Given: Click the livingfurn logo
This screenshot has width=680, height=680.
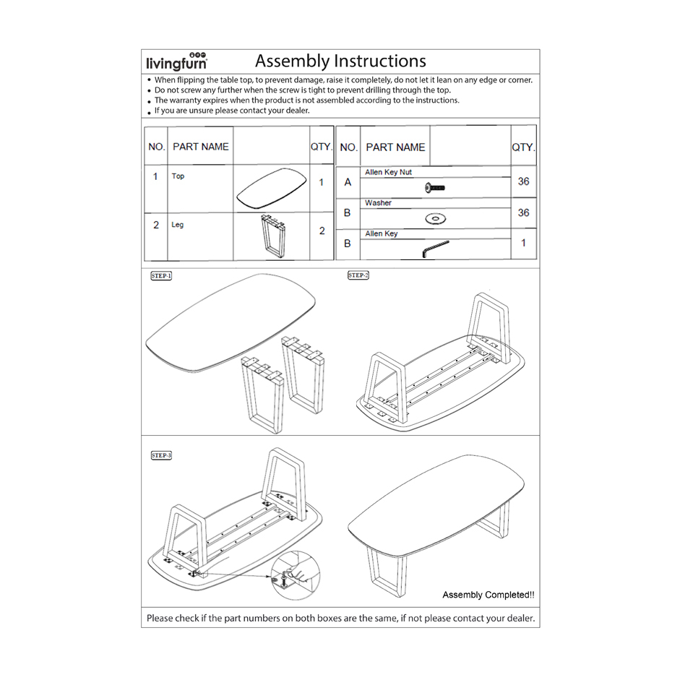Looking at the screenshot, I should pos(177,61).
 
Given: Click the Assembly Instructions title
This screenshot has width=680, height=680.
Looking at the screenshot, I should pos(340,61).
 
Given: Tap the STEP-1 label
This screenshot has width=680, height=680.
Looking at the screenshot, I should pos(161,276).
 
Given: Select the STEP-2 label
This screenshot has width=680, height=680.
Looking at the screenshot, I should pos(358,275).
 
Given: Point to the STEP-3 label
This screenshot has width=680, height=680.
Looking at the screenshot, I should pos(161,455).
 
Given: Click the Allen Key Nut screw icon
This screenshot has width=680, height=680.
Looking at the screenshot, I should pos(435,188).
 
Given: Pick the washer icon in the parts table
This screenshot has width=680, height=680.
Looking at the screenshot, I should pos(435,218).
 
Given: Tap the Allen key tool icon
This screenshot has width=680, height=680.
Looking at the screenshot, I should pos(435,249).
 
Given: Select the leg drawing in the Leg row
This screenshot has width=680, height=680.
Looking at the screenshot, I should pos(270,236).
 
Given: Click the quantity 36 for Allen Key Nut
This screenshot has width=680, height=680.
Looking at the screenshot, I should pos(523,181).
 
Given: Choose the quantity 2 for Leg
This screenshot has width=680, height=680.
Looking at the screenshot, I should pos(322,231).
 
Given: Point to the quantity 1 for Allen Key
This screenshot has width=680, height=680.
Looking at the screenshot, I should pos(523,243).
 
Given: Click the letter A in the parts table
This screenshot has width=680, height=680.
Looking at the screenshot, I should pos(348,182).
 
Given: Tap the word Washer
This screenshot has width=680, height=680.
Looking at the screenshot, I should pos(378,203).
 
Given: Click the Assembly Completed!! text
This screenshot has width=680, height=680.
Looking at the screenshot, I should pos(489,595).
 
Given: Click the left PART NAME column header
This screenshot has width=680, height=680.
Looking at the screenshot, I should pos(200,147).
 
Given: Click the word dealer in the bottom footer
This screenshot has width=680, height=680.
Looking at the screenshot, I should pos(520,618).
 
